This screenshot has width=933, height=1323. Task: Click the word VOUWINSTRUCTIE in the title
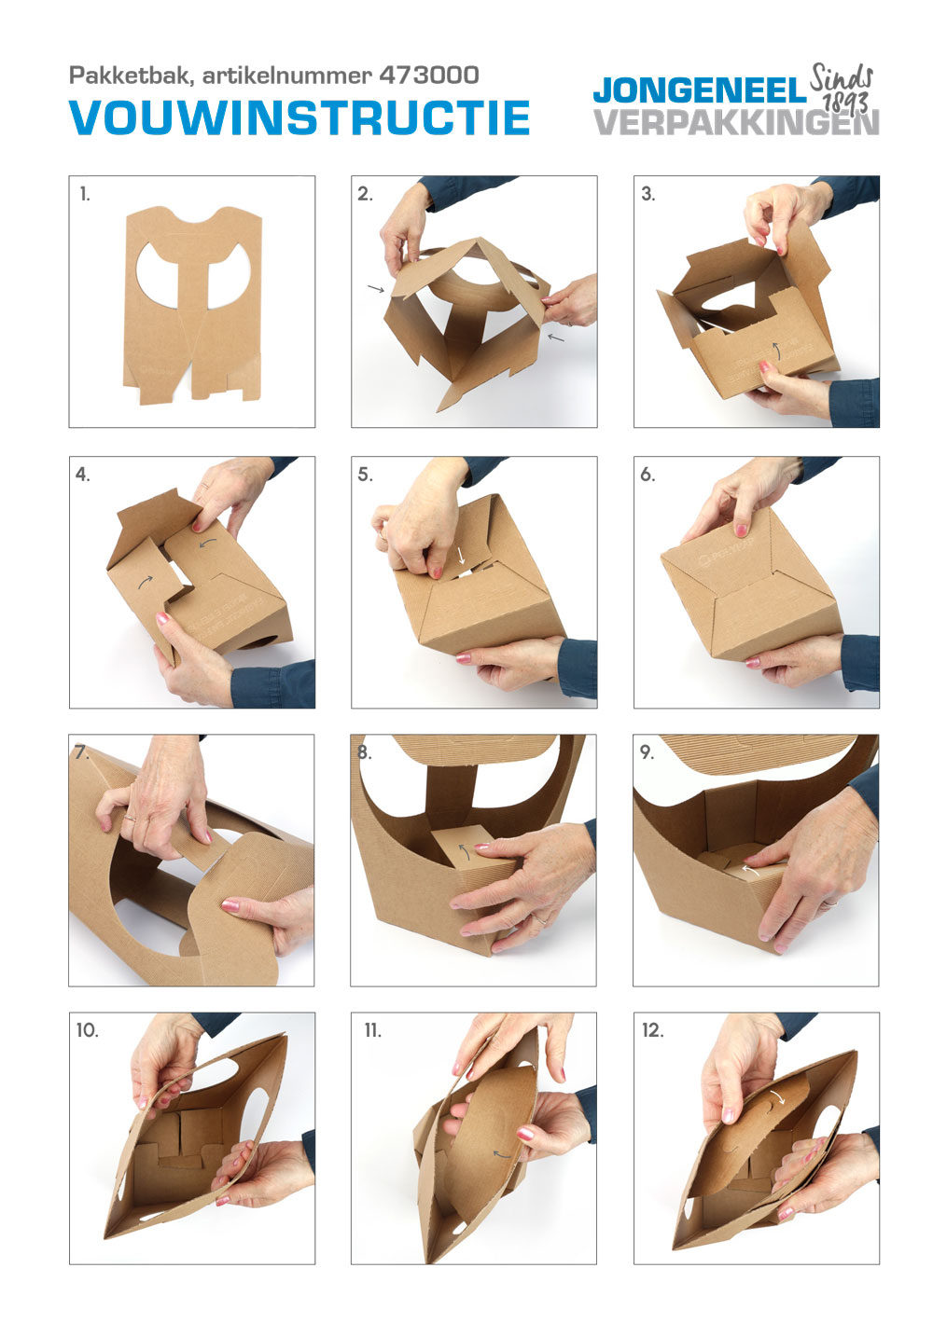click(299, 118)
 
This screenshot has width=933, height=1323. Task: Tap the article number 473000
click(429, 75)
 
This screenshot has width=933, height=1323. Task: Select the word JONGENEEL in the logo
click(700, 91)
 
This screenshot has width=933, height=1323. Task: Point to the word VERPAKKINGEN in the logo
click(736, 122)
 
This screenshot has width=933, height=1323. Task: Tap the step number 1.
click(85, 194)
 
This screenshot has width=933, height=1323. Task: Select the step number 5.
click(365, 475)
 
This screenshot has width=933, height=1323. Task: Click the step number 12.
click(652, 1030)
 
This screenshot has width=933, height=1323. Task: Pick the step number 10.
click(87, 1030)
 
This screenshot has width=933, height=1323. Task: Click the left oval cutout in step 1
click(157, 275)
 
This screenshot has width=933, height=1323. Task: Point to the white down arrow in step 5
click(462, 554)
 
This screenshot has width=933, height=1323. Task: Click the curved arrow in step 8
click(465, 851)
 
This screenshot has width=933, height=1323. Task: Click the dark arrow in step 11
click(502, 1154)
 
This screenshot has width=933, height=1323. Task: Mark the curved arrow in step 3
click(776, 351)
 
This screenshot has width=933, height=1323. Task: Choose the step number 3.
click(648, 194)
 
